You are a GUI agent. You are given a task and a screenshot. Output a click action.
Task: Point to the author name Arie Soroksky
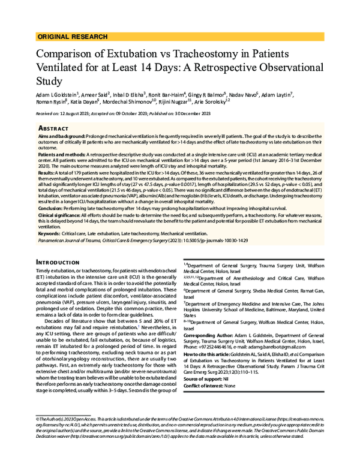coord(209,103)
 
